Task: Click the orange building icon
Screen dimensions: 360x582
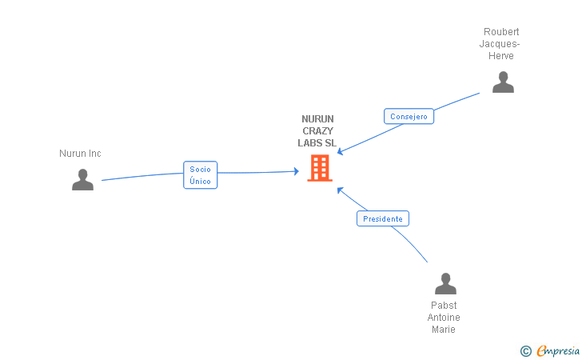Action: click(x=319, y=168)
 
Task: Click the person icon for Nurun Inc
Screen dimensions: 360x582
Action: click(x=82, y=180)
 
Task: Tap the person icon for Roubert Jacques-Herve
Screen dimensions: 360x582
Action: click(x=503, y=82)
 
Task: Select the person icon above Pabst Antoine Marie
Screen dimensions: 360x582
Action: click(x=445, y=284)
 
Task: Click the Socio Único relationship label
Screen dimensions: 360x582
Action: click(x=200, y=175)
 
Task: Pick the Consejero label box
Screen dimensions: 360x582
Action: click(x=409, y=116)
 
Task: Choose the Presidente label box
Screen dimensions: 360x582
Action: click(x=382, y=218)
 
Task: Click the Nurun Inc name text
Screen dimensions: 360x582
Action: click(x=80, y=154)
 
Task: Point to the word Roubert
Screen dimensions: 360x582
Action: click(x=501, y=32)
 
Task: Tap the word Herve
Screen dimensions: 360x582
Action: click(x=501, y=56)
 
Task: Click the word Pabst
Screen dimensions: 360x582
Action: click(x=444, y=306)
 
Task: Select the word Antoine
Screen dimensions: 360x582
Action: click(x=444, y=318)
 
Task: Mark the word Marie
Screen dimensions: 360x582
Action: click(x=444, y=330)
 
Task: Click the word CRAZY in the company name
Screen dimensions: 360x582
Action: click(x=317, y=131)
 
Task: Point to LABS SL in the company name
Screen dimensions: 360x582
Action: click(x=317, y=143)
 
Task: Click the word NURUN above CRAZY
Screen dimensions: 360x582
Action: click(x=317, y=119)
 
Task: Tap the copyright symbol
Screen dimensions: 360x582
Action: click(x=525, y=350)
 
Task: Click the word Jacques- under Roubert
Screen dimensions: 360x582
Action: click(x=501, y=44)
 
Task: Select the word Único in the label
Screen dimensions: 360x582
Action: click(x=200, y=182)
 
